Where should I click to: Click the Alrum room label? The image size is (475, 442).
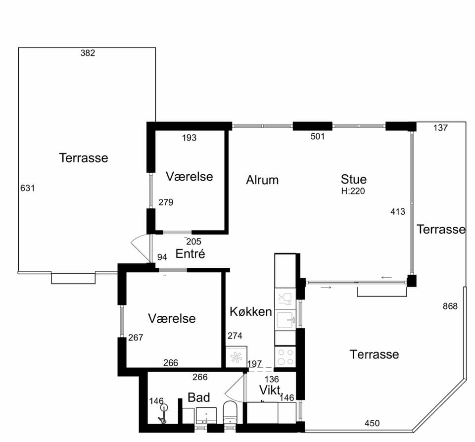(262, 180)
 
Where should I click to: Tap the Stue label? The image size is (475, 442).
(353, 179)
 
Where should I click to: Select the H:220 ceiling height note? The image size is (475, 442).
(353, 191)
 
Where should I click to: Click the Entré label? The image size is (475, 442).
(190, 253)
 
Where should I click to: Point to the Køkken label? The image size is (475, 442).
(251, 312)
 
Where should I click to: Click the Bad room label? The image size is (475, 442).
(199, 397)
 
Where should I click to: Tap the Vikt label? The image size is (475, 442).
(270, 390)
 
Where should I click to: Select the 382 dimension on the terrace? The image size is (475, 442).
(88, 53)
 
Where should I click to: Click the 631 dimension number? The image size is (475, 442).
(28, 188)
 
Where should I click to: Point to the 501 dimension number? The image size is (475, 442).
(318, 136)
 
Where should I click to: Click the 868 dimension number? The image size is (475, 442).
(450, 306)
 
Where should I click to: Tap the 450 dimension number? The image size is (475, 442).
(372, 423)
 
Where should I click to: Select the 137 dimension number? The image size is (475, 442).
(440, 128)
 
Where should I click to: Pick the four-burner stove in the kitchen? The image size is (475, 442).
(285, 357)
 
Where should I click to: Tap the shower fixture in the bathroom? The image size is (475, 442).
(163, 414)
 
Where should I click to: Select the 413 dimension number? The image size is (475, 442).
(397, 211)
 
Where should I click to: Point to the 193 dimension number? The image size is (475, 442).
(189, 138)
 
